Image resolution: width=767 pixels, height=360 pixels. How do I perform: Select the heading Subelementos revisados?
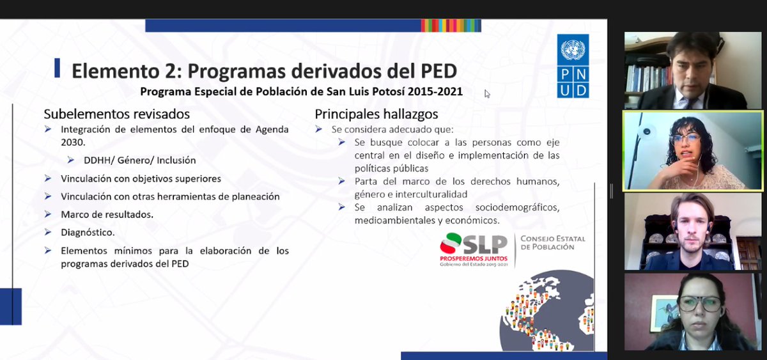tap(116, 114)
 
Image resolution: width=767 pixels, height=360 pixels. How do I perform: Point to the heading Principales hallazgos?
tap(376, 114)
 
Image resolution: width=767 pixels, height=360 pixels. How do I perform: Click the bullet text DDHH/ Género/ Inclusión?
tap(139, 160)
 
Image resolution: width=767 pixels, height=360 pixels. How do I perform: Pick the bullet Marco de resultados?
tap(107, 214)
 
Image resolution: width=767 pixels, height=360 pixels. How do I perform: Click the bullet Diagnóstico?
tap(88, 232)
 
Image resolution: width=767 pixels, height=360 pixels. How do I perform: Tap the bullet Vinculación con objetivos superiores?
tap(141, 178)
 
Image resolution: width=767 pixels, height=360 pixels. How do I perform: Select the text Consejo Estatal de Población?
tap(553, 242)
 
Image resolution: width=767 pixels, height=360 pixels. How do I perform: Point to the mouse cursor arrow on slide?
tap(486, 94)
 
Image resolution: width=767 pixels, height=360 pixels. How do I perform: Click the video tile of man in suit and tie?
tap(693, 70)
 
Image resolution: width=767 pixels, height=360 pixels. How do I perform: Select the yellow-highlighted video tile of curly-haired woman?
tap(693, 151)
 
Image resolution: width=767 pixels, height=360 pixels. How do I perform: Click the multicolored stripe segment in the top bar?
tap(451, 26)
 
